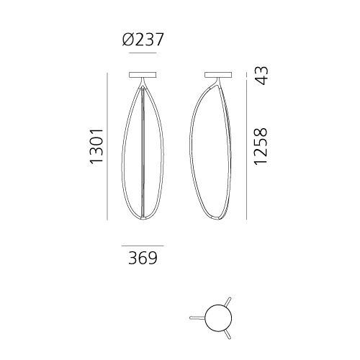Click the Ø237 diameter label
(x=143, y=40)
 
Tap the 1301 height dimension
(x=96, y=146)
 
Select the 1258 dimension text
(x=261, y=146)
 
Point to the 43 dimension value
(x=261, y=76)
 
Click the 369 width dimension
(x=143, y=258)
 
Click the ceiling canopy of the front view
(x=143, y=75)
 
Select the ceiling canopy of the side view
(x=218, y=75)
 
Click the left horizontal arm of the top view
(x=197, y=318)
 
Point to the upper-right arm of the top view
(x=228, y=302)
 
